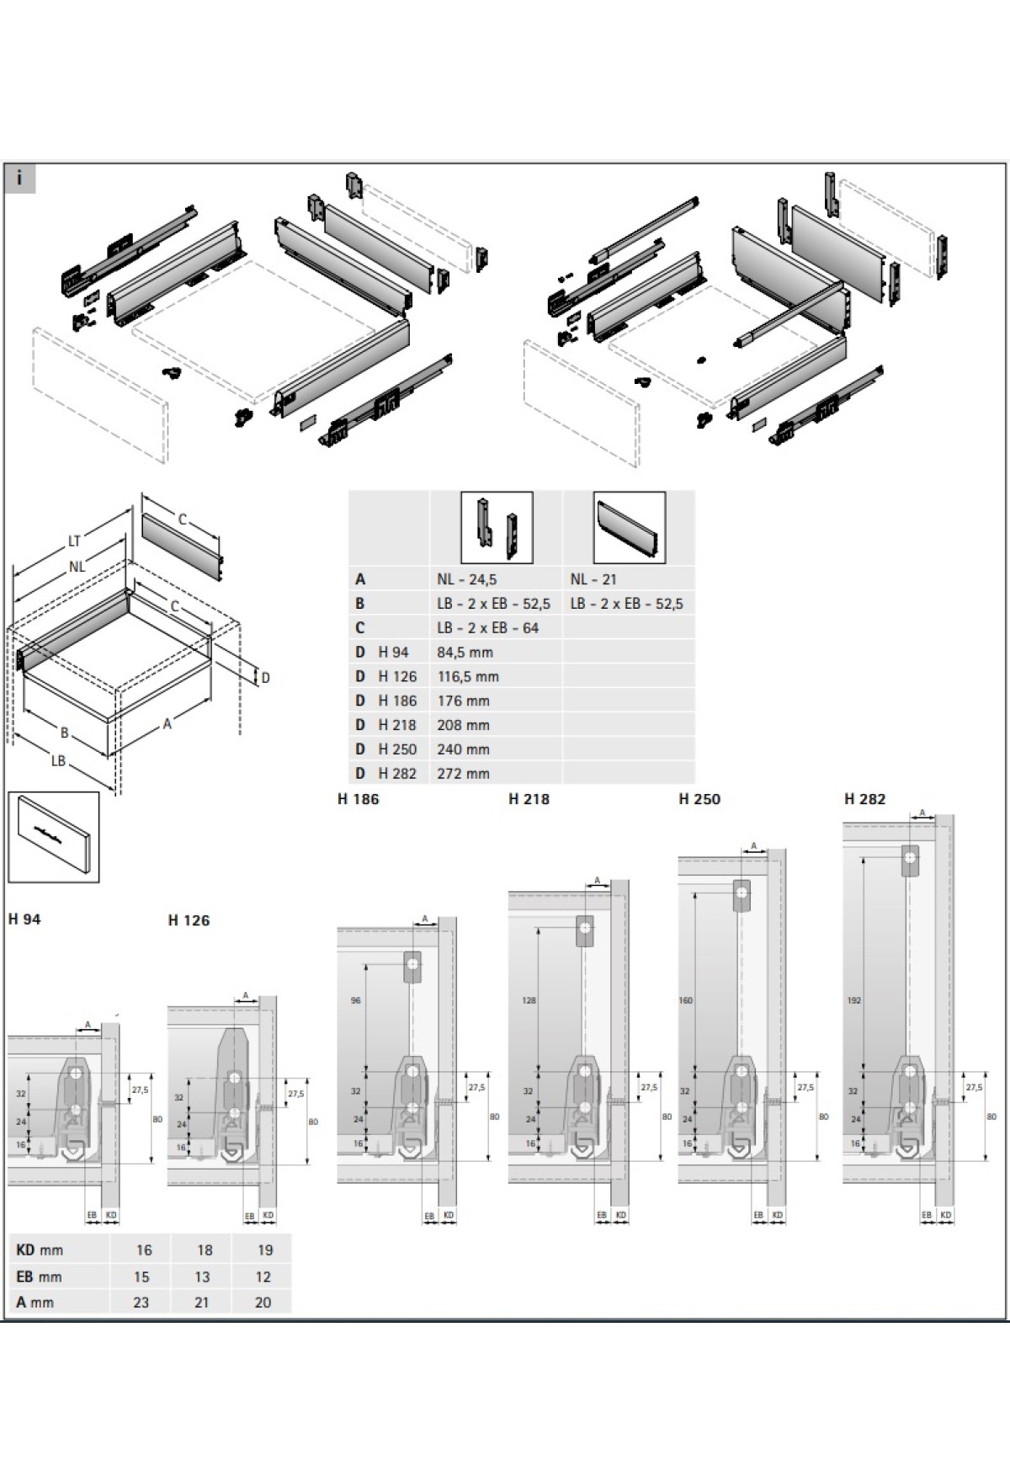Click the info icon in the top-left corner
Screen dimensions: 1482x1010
coord(19,179)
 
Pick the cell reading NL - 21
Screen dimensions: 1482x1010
coord(593,579)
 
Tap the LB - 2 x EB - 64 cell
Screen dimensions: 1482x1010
coord(487,628)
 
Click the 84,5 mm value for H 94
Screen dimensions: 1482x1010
coord(465,653)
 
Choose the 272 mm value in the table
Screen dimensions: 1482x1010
coord(463,774)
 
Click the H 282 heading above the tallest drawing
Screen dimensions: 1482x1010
coord(864,799)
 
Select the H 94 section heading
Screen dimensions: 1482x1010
coord(24,920)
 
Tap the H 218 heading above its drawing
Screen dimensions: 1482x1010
coord(529,799)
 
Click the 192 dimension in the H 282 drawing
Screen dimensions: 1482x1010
coord(853,1001)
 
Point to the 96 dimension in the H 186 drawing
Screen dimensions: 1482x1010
coord(354,1001)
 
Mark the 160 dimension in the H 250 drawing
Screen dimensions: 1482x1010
coord(686,1001)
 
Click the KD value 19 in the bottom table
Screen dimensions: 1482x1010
coord(264,1250)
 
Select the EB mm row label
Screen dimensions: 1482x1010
coord(39,1277)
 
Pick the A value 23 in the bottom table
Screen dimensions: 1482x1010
coord(141,1303)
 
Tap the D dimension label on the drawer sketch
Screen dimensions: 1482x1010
coord(265,678)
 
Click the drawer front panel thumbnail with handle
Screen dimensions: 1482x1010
coord(53,836)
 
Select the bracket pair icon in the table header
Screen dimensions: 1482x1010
coord(497,528)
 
